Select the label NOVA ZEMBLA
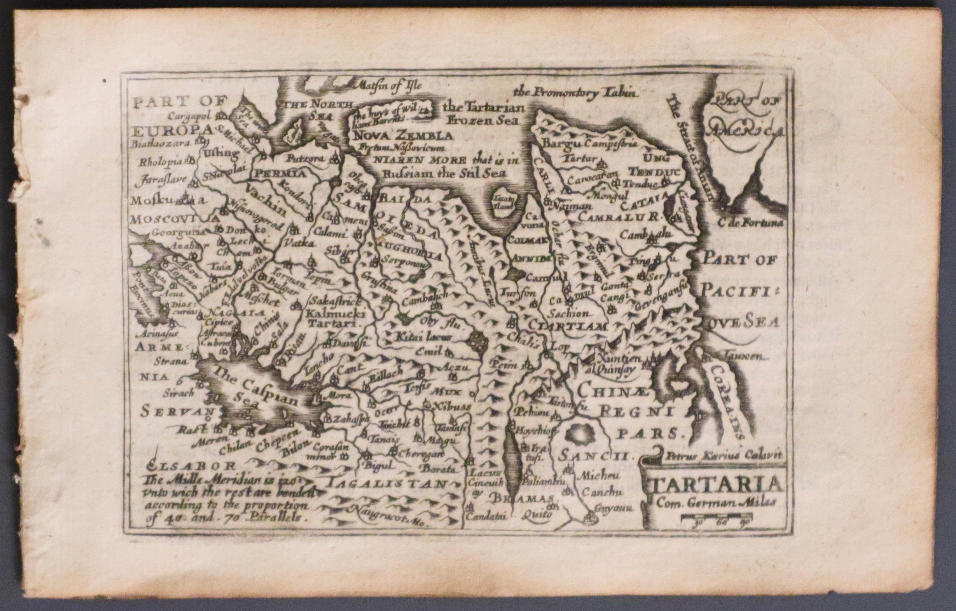pyautogui.click(x=402, y=136)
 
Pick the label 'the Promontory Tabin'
pyautogui.click(x=576, y=92)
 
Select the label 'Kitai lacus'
pyautogui.click(x=423, y=337)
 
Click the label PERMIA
pyautogui.click(x=280, y=173)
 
